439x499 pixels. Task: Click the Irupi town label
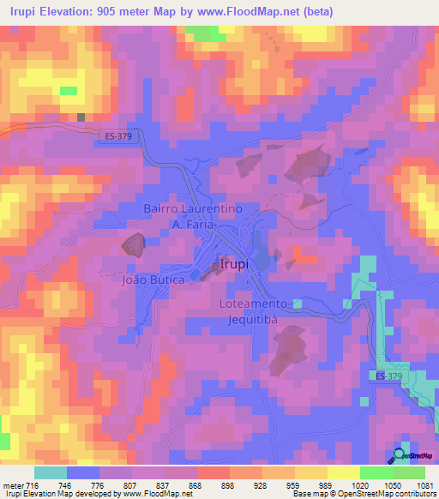pos(234,264)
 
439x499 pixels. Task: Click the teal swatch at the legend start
pos(51,472)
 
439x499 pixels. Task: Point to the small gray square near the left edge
pos(81,117)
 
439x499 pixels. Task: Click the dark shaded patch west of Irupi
pos(134,245)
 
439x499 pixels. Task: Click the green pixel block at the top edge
pos(201,33)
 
